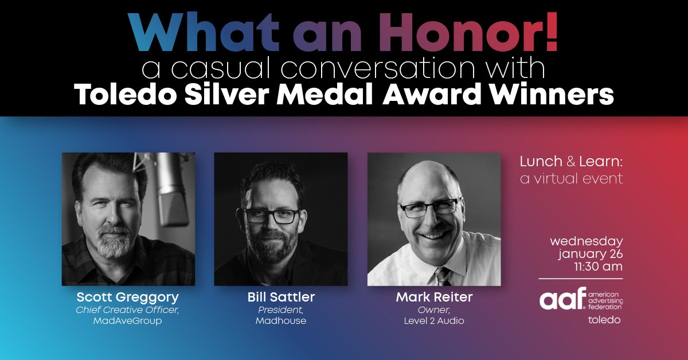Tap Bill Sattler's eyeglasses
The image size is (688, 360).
coord(272,216)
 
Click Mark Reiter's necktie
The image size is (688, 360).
coord(443,276)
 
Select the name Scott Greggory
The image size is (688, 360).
coord(128,298)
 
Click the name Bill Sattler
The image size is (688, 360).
coord(281,298)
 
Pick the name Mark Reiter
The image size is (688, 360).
coord(433,298)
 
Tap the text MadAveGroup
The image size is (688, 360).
coord(128,321)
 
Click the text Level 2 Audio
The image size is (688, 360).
coord(433,321)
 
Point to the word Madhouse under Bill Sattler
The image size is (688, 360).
coord(281,321)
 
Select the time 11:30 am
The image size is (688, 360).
coord(600,267)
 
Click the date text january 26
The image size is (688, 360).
coord(591,254)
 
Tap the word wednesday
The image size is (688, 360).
coord(586,241)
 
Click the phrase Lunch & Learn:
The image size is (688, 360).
coord(570,163)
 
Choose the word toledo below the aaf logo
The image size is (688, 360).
coord(604,320)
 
